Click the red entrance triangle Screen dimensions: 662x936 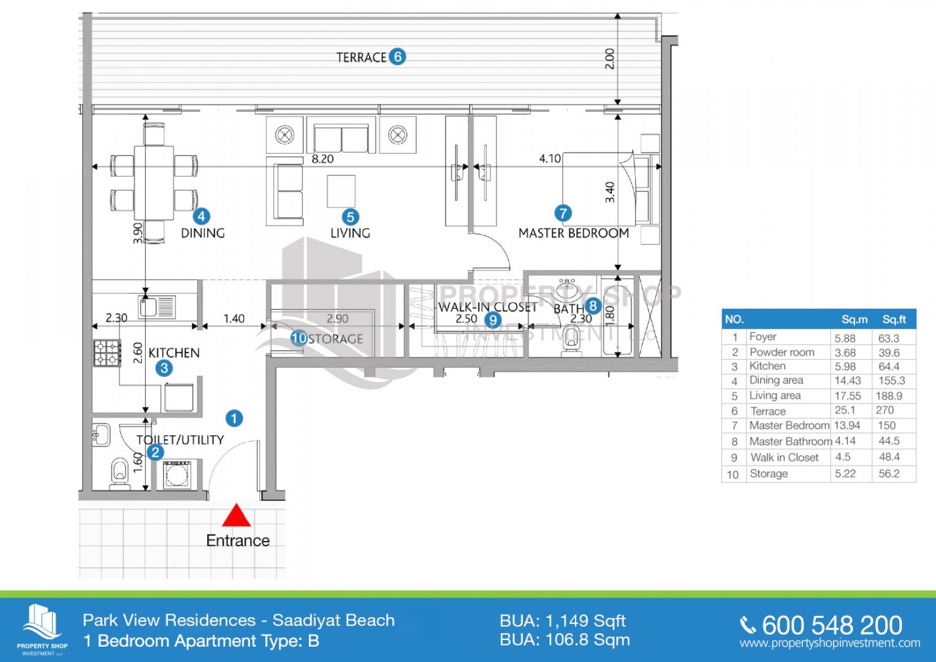pos(236,516)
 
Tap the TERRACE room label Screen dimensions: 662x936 pos(361,58)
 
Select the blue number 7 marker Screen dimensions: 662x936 pos(563,213)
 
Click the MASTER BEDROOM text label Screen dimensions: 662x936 pos(573,234)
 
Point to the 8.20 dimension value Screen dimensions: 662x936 pos(322,159)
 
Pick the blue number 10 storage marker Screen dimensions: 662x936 pos(298,338)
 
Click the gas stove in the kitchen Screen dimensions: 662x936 pos(107,353)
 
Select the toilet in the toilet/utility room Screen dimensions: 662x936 pos(120,474)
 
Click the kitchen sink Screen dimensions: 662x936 pos(148,305)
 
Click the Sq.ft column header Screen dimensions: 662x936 pos(894,319)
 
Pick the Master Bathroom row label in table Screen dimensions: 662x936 pos(790,441)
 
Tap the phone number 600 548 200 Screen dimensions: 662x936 pos(832,625)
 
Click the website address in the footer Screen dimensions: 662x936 pos(829,643)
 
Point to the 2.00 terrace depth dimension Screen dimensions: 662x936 pos(609,59)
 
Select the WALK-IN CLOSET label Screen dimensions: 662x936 pos(487,307)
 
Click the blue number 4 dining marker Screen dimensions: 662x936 pos(201,216)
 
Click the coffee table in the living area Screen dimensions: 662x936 pos(341,191)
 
